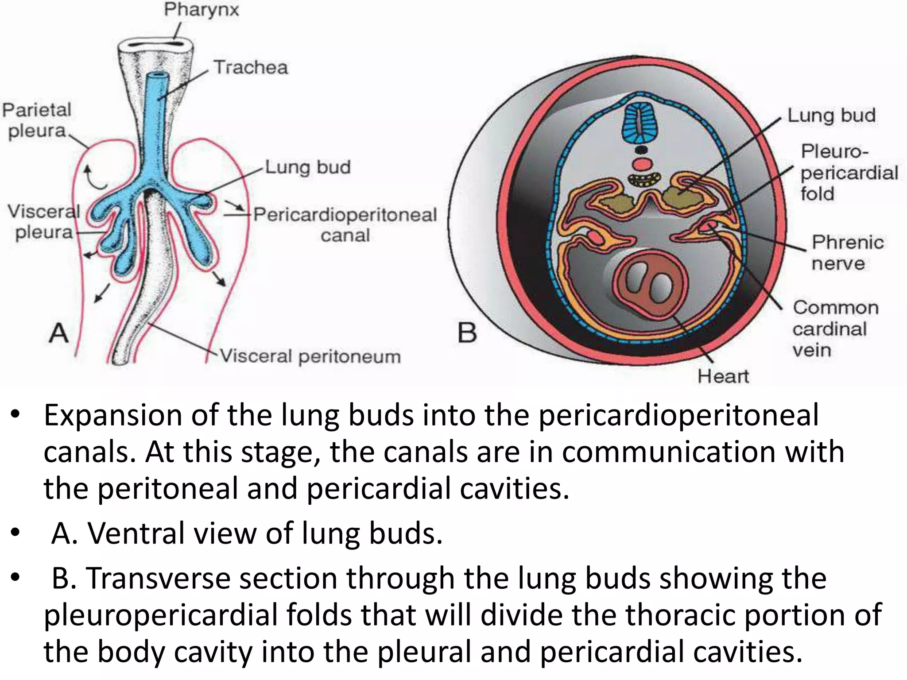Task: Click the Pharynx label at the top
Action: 201,10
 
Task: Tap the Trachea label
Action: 251,68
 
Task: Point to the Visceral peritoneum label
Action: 310,356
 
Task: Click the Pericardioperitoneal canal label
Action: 345,224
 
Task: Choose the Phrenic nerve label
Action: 847,253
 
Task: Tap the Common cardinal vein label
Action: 834,328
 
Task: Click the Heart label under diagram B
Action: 723,376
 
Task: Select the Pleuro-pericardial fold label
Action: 848,173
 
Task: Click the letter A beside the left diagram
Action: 58,333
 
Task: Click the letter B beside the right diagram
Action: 467,333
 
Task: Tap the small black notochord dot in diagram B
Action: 641,150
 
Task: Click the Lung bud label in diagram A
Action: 308,167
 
